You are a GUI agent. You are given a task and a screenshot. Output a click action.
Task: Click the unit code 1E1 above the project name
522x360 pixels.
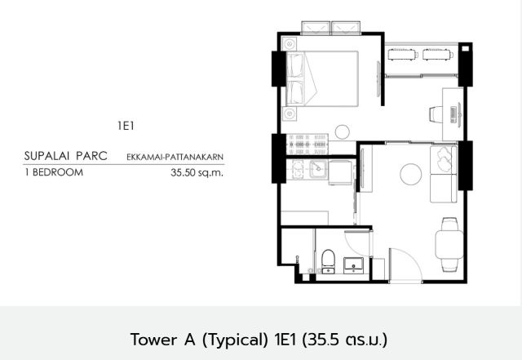126,126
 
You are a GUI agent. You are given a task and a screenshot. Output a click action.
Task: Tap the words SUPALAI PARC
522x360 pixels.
65,156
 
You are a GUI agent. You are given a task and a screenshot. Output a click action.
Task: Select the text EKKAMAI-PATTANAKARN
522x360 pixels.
175,157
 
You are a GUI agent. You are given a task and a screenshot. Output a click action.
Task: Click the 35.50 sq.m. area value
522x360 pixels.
197,172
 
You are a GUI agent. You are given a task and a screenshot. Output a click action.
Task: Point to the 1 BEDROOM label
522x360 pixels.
54,172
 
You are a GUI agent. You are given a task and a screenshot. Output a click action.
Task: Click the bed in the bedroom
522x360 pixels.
322,78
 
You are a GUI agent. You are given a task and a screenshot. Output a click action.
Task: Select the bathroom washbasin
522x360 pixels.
353,264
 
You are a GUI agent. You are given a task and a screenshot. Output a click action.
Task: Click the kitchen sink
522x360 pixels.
319,169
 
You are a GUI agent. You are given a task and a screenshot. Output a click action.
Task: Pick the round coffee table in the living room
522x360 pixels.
411,174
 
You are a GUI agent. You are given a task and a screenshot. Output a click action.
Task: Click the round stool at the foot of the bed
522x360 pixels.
342,131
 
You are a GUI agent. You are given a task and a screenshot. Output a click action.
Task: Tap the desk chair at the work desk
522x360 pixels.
436,114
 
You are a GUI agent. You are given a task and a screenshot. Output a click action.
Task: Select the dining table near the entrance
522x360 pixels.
449,245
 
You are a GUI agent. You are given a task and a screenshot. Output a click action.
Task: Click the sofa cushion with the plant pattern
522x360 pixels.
444,160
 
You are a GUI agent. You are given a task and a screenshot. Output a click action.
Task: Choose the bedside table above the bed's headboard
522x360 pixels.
290,44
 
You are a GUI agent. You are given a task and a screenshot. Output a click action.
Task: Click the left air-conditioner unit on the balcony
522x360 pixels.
403,55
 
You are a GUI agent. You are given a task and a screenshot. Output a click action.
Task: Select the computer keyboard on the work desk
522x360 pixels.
453,114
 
